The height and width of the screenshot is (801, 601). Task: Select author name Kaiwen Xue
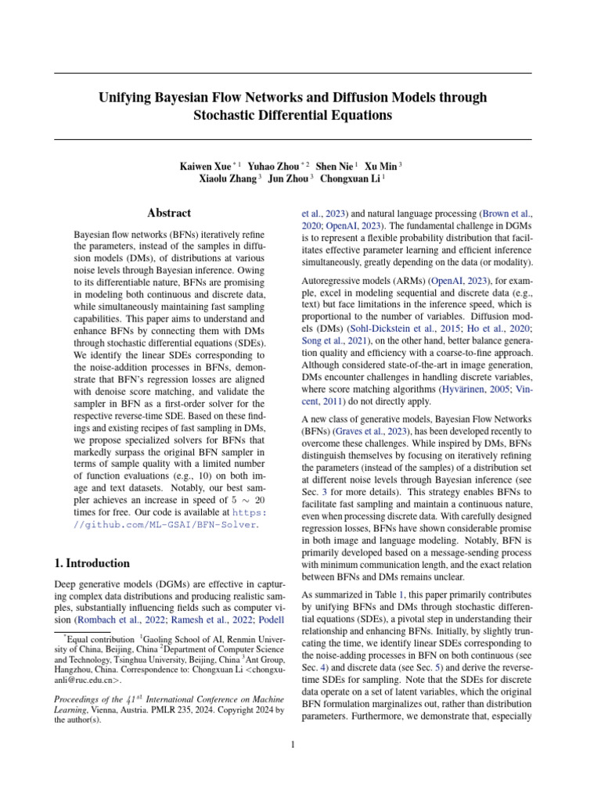(205, 166)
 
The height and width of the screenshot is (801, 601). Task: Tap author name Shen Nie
(334, 166)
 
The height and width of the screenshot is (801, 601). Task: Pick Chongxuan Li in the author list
(348, 178)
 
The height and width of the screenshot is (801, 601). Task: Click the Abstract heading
(169, 213)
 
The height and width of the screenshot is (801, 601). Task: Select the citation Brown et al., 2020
(506, 212)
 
